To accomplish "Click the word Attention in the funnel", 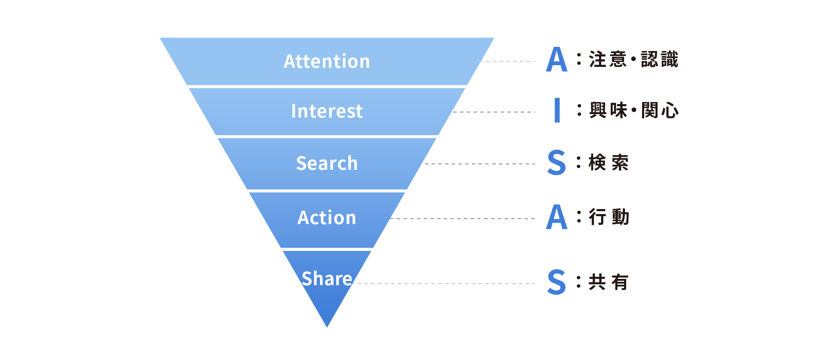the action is pos(327,61).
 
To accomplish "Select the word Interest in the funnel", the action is pos(327,111).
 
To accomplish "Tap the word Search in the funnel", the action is pos(327,163).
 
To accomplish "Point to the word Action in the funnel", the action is pos(327,218).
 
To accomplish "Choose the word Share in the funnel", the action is pos(327,278).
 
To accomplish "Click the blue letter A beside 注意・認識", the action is pos(557,59).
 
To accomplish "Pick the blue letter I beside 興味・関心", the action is pos(557,110).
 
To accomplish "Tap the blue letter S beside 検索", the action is pos(557,162).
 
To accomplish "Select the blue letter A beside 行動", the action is pos(557,217).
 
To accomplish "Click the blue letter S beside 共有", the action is pos(557,282).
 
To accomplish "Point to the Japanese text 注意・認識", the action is pos(634,59).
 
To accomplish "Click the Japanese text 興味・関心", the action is pos(634,110).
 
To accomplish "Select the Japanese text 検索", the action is pos(609,162).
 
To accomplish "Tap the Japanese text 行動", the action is pos(609,217).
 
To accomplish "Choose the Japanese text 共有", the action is pos(609,282).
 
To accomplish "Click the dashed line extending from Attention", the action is pos(508,61).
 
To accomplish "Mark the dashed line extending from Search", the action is pos(480,164).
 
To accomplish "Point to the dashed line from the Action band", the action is pos(463,219).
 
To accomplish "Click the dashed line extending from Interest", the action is pos(494,112).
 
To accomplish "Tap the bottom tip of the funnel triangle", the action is pos(327,327).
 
